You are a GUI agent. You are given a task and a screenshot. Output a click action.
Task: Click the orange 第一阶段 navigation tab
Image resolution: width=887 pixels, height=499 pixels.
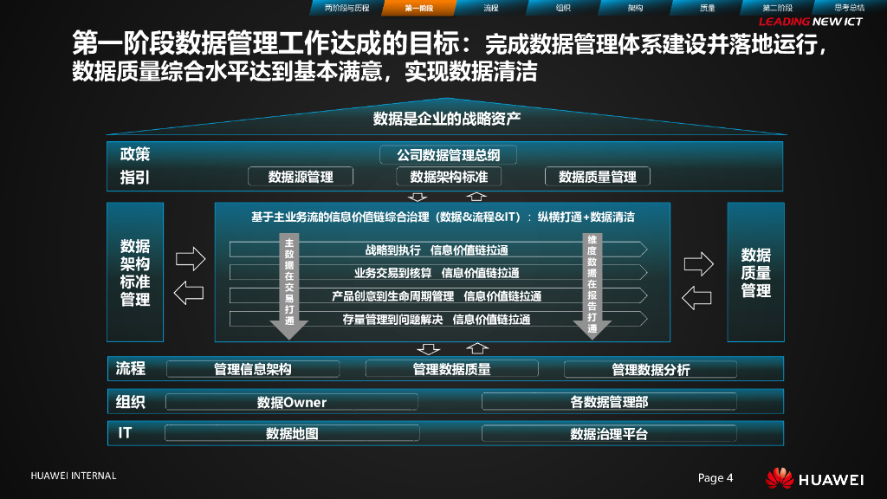click(x=419, y=8)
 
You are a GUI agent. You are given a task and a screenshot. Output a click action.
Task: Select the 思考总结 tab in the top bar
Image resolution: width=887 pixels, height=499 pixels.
click(x=849, y=8)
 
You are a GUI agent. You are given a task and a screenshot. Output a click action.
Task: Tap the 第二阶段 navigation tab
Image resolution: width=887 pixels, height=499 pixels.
click(x=777, y=8)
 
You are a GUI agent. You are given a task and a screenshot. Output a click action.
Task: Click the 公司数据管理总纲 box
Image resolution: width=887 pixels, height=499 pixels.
click(x=448, y=155)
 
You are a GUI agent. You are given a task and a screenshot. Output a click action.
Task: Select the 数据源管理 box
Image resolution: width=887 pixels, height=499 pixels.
click(x=301, y=177)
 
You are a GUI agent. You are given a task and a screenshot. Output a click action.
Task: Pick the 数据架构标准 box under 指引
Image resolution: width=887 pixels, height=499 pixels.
click(x=449, y=177)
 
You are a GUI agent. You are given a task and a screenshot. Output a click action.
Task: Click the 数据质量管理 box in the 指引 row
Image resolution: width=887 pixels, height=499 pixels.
click(x=598, y=177)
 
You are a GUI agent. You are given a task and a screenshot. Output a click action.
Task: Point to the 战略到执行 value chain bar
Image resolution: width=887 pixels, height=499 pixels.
click(x=437, y=250)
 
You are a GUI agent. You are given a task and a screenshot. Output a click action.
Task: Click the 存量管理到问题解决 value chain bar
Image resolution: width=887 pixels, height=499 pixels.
click(x=437, y=319)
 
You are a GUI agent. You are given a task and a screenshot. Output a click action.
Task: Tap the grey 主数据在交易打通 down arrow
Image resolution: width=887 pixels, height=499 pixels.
click(x=289, y=286)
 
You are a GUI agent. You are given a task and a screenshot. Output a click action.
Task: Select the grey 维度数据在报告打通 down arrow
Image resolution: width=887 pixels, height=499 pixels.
click(x=592, y=286)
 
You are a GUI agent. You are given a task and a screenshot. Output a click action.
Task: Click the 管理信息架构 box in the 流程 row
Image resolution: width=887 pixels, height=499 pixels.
click(x=253, y=369)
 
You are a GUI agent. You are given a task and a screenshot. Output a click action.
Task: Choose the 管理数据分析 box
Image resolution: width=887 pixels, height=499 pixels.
click(x=651, y=370)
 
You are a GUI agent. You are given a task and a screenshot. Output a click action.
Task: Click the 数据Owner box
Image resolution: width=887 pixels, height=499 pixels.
click(x=291, y=402)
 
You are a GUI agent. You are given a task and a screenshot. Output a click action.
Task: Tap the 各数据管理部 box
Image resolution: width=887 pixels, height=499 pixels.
click(x=609, y=402)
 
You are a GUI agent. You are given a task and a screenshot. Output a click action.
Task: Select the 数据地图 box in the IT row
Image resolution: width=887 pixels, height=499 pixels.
click(x=291, y=433)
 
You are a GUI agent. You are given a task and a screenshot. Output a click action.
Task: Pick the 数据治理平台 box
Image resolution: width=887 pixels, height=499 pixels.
click(x=609, y=433)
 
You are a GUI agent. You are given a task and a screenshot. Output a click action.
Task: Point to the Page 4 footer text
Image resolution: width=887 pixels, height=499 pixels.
click(x=715, y=478)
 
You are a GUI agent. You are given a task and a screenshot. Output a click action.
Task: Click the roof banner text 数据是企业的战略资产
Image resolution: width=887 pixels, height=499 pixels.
click(x=446, y=119)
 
